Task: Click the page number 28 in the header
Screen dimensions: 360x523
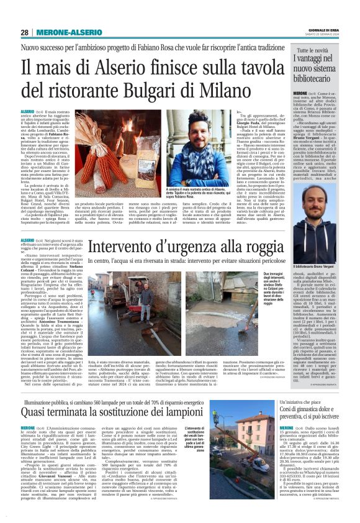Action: point(24,32)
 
